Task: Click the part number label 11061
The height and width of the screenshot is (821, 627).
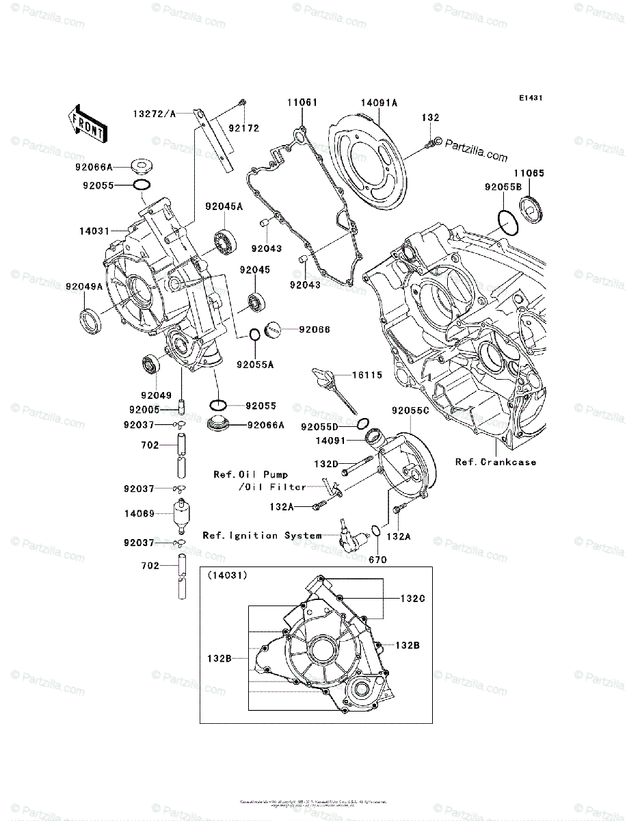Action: [302, 103]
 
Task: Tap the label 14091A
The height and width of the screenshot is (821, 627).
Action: [379, 103]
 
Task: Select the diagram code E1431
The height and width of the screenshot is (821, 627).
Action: [530, 99]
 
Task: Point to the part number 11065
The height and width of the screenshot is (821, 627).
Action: [530, 174]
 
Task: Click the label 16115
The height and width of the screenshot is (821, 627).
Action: [367, 376]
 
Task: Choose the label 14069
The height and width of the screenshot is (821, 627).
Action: [139, 512]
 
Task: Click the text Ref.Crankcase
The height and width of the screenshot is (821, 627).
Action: [496, 462]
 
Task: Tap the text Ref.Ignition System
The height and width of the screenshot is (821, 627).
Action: [262, 536]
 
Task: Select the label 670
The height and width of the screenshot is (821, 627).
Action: [377, 560]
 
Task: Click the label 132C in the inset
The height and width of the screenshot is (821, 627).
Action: [412, 598]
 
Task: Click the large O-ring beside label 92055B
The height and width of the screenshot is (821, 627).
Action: [507, 222]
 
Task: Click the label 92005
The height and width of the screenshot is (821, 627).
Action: [144, 409]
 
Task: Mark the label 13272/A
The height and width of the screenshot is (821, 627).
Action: [154, 114]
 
